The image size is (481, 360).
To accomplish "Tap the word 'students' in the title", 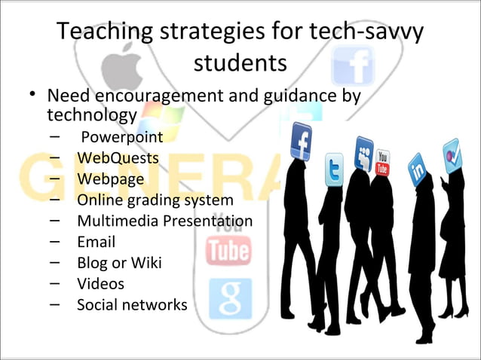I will tap(240, 63).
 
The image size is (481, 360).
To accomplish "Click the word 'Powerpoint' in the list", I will tap(121, 138).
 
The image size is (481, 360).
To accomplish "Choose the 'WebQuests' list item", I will tap(118, 159).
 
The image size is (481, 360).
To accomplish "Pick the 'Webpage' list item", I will tap(112, 180).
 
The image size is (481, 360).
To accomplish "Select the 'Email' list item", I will tap(96, 243).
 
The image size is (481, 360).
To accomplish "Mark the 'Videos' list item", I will tap(100, 284).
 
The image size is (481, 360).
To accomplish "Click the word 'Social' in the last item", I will tap(99, 305).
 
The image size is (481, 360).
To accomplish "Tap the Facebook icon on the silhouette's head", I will tap(302, 141).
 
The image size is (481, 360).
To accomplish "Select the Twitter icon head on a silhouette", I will tap(334, 170).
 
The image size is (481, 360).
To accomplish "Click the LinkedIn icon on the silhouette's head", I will tap(416, 166).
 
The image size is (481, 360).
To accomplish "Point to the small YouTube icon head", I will tap(383, 162).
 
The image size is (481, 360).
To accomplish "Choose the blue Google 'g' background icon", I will tap(229, 297).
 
